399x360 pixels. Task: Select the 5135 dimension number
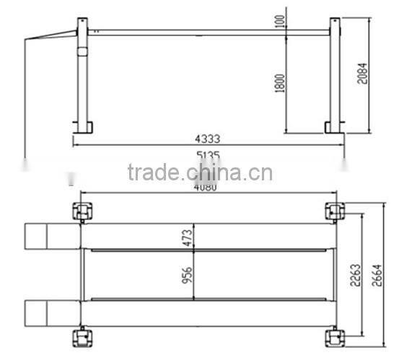click(207, 155)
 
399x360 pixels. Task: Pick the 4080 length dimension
click(207, 186)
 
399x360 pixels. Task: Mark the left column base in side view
click(83, 128)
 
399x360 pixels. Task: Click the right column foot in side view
click(335, 128)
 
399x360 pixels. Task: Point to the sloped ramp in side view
click(51, 35)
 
